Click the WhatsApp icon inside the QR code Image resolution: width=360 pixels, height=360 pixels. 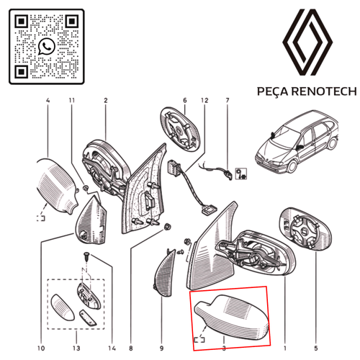(47, 47)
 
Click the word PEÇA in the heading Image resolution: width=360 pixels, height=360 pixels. (273, 91)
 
